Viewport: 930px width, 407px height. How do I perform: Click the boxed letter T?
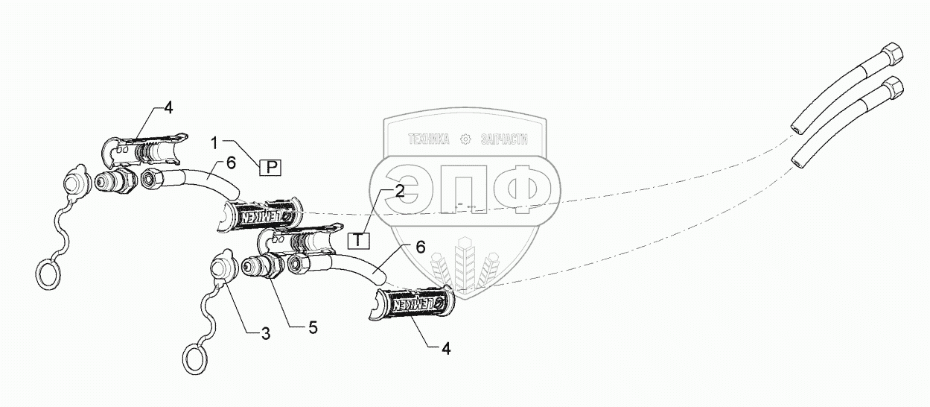point(359,241)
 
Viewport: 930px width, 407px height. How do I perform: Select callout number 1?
point(214,142)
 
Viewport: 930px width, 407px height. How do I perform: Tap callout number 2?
point(400,191)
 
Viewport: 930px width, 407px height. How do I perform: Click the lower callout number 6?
point(421,247)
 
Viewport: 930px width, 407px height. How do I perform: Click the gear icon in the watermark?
point(466,139)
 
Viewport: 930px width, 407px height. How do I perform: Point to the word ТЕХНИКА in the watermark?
point(430,139)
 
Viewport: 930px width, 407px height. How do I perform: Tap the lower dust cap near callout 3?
point(222,266)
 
